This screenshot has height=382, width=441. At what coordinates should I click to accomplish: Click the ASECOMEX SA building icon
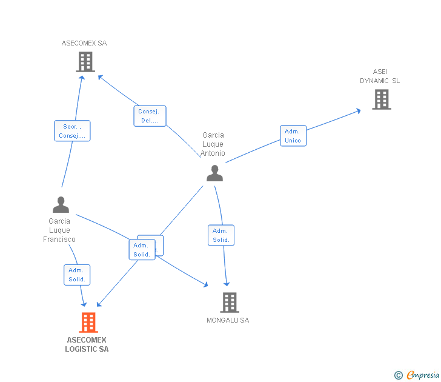point(85,62)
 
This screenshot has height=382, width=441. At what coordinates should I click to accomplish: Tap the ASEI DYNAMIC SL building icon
point(381,99)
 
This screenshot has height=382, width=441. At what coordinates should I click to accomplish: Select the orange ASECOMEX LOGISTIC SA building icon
point(88,323)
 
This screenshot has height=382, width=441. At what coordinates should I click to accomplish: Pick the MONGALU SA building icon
point(229,302)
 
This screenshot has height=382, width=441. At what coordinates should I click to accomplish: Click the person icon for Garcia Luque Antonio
point(214,173)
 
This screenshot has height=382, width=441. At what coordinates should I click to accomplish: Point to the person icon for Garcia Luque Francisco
point(61,205)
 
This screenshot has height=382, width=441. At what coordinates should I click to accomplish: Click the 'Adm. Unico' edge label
point(293,136)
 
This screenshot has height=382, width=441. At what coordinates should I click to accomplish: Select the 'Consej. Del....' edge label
point(150,116)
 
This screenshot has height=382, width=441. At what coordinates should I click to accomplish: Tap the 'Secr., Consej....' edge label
point(72,131)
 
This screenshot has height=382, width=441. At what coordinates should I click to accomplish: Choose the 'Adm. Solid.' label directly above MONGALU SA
point(221,235)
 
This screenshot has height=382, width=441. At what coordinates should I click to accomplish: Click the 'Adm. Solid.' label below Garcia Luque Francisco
point(77,275)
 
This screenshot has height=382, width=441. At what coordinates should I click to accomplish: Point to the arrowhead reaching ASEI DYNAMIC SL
point(358,110)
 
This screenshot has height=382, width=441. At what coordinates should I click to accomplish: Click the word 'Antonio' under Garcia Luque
point(213,153)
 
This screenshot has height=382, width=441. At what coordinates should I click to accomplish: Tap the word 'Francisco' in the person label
point(59,240)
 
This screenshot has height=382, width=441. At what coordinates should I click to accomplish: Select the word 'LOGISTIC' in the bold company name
point(81,349)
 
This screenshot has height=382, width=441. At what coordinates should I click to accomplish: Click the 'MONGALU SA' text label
point(228,320)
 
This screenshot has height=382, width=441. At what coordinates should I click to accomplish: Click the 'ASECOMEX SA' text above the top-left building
point(84,43)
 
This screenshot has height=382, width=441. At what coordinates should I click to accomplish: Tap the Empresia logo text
point(423,375)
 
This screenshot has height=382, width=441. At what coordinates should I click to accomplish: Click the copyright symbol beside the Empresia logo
point(399,376)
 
